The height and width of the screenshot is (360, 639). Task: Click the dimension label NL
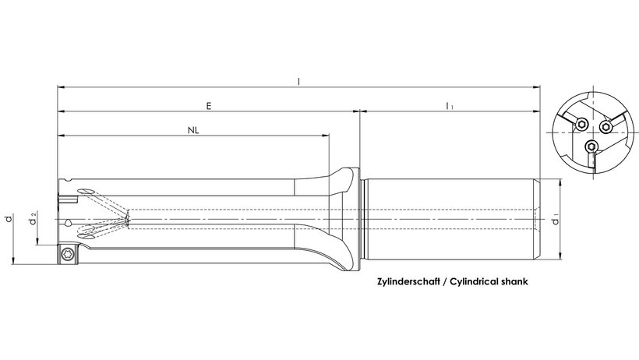pyautogui.click(x=193, y=130)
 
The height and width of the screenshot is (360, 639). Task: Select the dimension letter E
pyautogui.click(x=208, y=106)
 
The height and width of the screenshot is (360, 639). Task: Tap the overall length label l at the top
pyautogui.click(x=298, y=82)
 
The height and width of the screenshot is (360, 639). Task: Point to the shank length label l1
pyautogui.click(x=450, y=107)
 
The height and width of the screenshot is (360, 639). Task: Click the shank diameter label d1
pyautogui.click(x=555, y=221)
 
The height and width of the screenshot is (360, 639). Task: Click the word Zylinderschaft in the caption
pyautogui.click(x=408, y=282)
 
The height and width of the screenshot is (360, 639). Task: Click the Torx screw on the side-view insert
pyautogui.click(x=66, y=254)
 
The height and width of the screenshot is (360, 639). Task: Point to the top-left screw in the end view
pyautogui.click(x=581, y=124)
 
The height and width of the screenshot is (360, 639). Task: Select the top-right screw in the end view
pyautogui.click(x=605, y=127)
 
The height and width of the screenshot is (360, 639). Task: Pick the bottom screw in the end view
pyautogui.click(x=591, y=146)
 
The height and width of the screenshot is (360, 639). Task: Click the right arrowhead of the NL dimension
pyautogui.click(x=326, y=135)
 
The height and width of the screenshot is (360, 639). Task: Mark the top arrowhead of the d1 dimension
pyautogui.click(x=562, y=182)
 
